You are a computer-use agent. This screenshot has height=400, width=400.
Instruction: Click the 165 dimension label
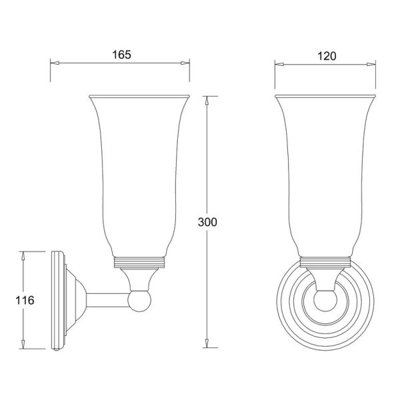point(122,55)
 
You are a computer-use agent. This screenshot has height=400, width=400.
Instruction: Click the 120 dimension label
point(327,56)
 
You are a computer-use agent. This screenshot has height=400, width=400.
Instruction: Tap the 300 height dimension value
point(207,222)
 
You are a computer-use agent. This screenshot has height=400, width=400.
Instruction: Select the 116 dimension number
point(25,300)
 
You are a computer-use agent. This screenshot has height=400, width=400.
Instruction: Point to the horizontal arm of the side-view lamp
point(107,300)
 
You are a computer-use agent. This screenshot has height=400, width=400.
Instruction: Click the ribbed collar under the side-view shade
point(139,263)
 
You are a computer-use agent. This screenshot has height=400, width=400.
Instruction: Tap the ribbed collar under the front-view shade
point(325,263)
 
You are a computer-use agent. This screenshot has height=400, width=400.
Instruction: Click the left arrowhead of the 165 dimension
point(55,63)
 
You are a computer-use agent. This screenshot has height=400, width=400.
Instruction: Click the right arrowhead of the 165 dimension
point(185,63)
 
